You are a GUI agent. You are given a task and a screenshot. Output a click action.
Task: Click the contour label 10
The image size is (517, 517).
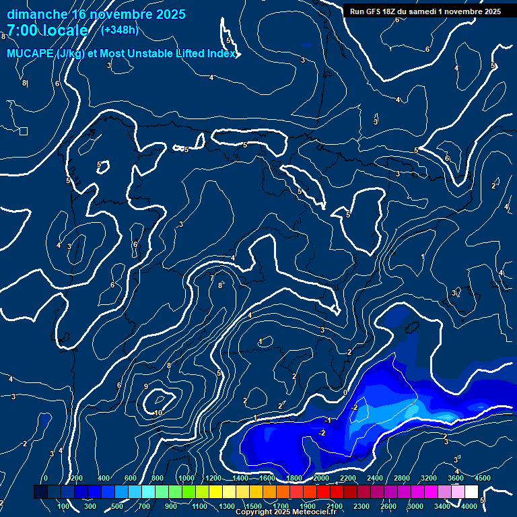click(x=158, y=413)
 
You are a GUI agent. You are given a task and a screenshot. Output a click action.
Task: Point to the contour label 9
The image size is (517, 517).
click(x=146, y=386)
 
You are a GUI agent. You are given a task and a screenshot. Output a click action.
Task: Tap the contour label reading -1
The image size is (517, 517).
click(x=328, y=420)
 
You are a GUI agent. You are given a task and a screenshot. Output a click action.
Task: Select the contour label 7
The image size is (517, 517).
click(x=211, y=277)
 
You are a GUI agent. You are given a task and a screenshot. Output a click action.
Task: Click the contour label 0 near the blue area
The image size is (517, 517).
click(x=345, y=392)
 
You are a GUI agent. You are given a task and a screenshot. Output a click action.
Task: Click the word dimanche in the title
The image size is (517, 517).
click(x=37, y=14)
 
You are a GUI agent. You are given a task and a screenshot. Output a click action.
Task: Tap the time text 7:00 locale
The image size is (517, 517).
click(x=47, y=30)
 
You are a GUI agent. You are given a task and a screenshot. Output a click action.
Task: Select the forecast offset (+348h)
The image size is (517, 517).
click(x=119, y=30)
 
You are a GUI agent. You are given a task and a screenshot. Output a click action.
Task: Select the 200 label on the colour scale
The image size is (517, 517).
click(x=76, y=478)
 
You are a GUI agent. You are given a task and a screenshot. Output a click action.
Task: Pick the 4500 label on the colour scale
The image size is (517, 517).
click(x=482, y=478)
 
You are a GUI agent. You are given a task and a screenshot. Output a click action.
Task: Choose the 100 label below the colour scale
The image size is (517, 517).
click(x=64, y=506)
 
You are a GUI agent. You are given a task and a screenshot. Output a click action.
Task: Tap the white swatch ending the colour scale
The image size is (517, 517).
click(x=471, y=492)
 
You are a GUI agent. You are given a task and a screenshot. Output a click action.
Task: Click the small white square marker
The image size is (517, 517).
click(x=24, y=131)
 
